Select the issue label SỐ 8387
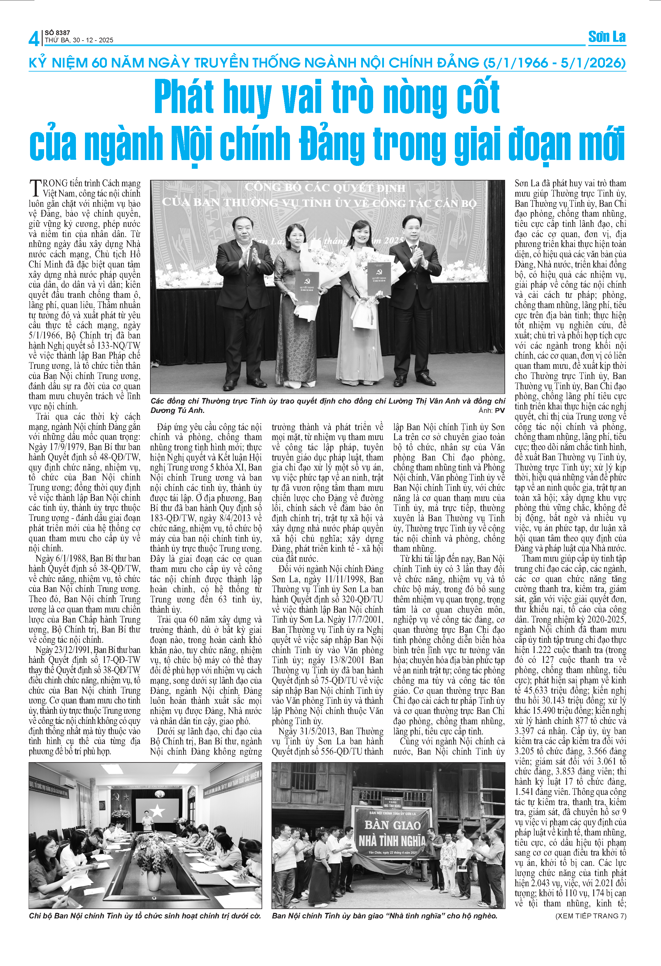tap(57, 32)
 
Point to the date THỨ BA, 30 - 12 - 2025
tap(79, 40)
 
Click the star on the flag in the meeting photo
tap(157, 811)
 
